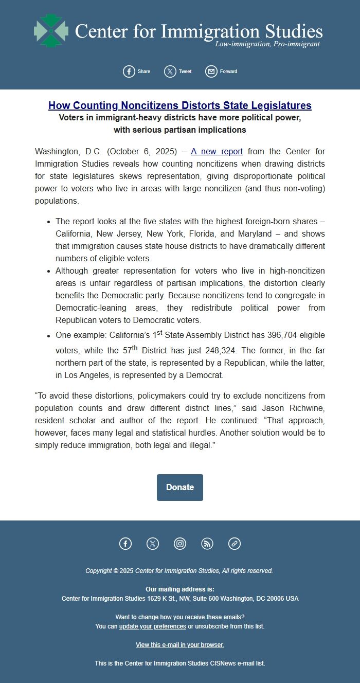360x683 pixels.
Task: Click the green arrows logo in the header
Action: (51, 31)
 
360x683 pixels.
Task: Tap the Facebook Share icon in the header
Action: (129, 71)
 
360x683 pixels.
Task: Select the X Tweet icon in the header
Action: (170, 71)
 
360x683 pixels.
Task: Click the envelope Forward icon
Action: (211, 71)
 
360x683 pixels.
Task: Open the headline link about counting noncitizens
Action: (180, 105)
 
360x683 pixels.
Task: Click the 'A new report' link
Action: (217, 152)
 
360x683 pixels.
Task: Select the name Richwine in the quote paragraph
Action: (308, 408)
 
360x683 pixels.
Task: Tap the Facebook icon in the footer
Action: (125, 544)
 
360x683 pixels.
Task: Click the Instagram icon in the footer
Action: (180, 544)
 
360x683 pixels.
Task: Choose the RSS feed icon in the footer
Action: (207, 544)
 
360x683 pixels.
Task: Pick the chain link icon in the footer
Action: (235, 544)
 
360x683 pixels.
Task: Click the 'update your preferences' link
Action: (153, 626)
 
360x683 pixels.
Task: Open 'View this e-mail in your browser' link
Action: (180, 645)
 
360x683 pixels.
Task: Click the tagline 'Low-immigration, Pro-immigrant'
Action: (267, 44)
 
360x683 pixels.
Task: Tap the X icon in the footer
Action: (153, 544)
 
